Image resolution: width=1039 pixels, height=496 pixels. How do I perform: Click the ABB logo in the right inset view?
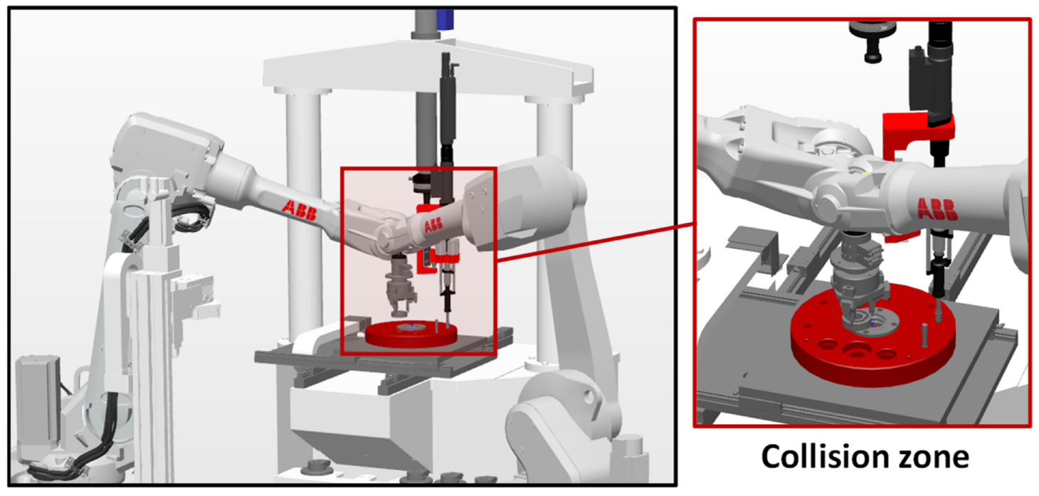(x=937, y=209)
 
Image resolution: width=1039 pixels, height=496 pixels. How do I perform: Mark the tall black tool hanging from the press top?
(x=447, y=107)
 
